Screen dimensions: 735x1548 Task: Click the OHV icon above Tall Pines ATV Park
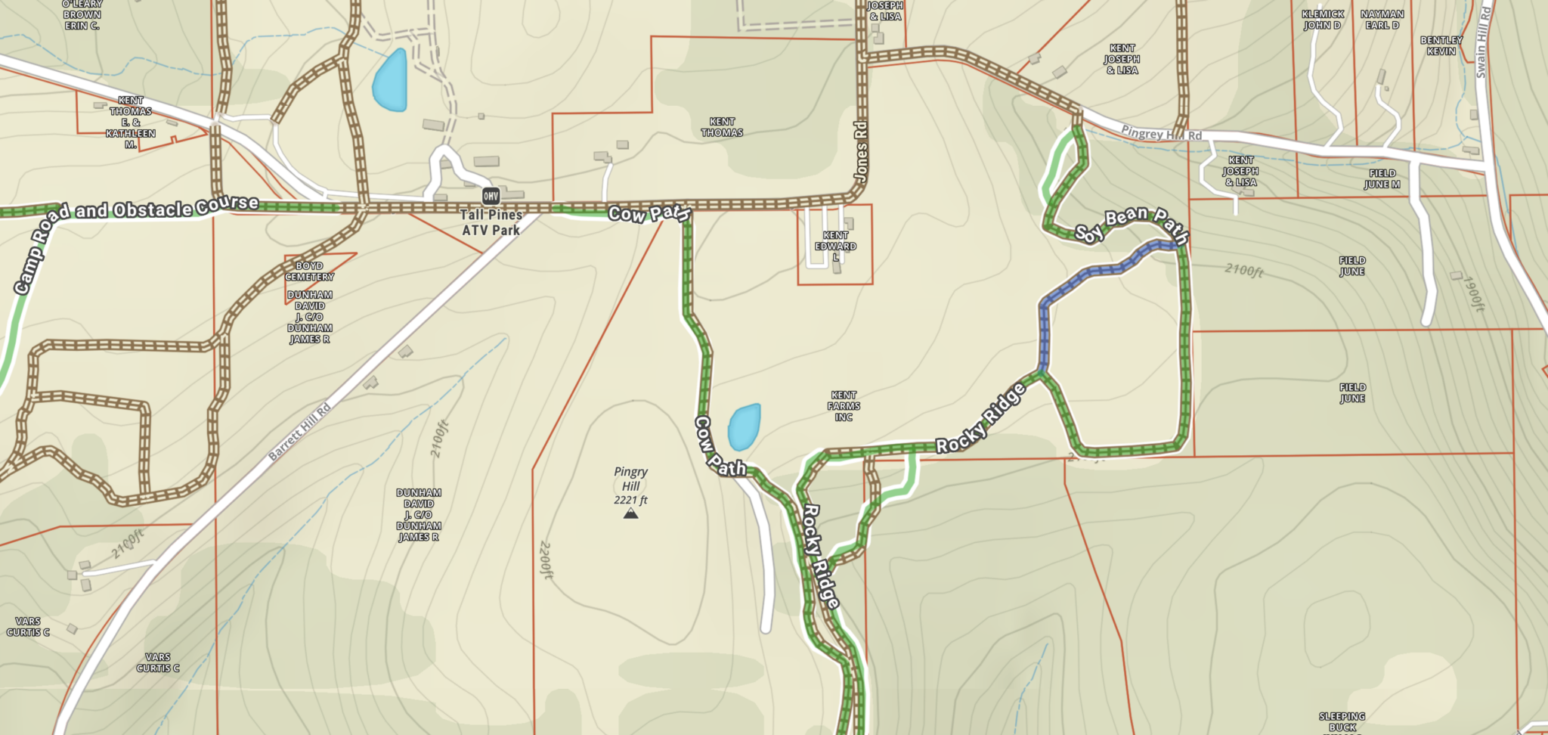coord(491,197)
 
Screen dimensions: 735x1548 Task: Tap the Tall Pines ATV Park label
coord(491,222)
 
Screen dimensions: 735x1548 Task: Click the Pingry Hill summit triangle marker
coord(630,514)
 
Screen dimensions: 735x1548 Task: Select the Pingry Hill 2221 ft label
coord(630,485)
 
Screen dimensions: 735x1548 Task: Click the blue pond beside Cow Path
coord(744,426)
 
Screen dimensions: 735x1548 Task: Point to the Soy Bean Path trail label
coord(1132,225)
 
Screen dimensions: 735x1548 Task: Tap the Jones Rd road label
coord(860,151)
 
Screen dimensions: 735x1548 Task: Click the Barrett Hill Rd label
coord(300,432)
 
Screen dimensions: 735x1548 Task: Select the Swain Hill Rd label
coord(1483,42)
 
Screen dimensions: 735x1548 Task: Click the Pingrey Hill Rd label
coord(1161,134)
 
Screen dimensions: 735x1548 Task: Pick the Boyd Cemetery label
coord(309,271)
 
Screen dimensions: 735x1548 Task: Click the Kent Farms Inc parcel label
coord(844,406)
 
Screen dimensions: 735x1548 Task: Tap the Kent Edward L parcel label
coord(835,246)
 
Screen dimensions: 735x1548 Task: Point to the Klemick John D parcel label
coord(1323,20)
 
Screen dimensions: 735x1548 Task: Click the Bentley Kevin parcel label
coord(1441,45)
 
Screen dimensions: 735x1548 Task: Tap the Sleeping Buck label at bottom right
coord(1342,721)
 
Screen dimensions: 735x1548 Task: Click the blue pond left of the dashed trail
coord(391,80)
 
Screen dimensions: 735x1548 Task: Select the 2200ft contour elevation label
coord(546,560)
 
